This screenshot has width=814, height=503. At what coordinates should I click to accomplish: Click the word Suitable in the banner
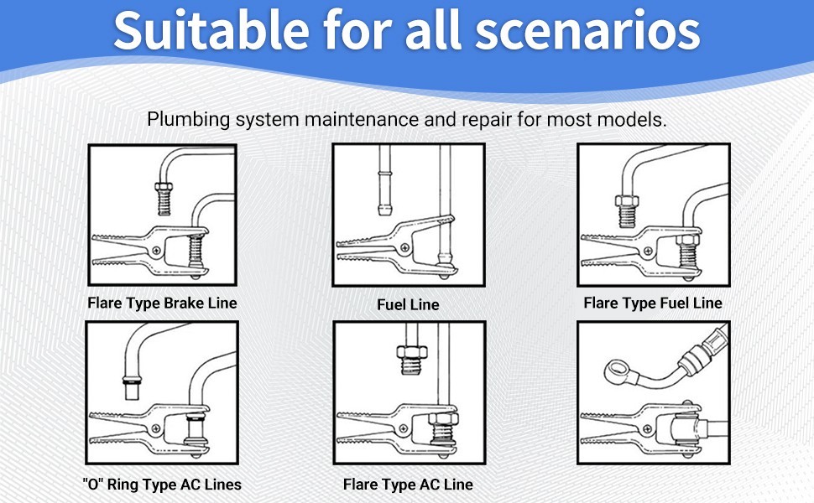click(x=211, y=29)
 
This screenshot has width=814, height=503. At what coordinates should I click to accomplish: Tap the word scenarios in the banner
click(x=587, y=31)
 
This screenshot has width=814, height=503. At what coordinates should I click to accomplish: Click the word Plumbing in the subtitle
click(x=189, y=120)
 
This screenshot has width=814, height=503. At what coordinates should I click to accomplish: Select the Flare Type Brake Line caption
click(x=162, y=303)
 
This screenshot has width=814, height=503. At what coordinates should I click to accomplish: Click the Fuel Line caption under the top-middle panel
click(x=408, y=304)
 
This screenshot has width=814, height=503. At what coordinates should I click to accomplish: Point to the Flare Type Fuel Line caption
click(x=653, y=303)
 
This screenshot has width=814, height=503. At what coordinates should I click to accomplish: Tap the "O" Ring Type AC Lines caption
click(x=162, y=485)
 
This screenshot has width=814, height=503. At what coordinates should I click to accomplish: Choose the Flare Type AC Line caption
click(x=408, y=485)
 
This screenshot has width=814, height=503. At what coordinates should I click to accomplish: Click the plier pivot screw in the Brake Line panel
click(x=156, y=251)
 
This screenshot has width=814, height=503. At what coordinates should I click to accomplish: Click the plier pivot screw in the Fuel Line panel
click(x=405, y=248)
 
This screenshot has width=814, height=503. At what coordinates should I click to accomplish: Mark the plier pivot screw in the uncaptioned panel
click(x=647, y=429)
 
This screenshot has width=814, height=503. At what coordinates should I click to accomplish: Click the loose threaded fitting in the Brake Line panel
click(x=164, y=199)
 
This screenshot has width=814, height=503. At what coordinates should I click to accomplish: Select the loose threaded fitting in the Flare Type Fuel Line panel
click(x=627, y=210)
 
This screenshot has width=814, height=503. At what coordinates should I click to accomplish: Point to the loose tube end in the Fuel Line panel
click(x=384, y=180)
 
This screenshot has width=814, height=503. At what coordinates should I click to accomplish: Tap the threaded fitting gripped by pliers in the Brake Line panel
click(x=196, y=251)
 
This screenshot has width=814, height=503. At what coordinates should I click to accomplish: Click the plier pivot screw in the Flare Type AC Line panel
click(x=404, y=429)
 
